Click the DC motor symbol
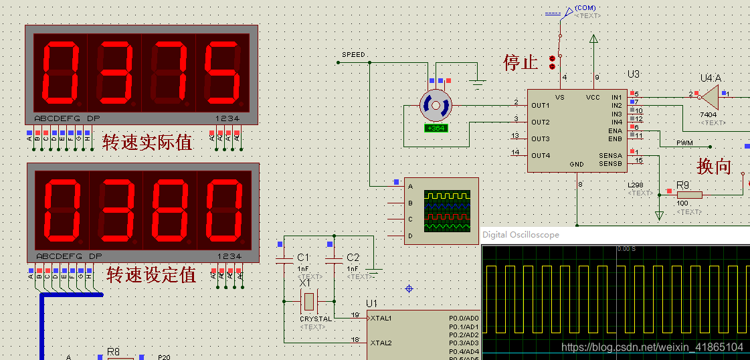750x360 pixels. tap(436, 106)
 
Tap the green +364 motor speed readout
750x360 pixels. tap(436, 128)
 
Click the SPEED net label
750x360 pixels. tap(353, 55)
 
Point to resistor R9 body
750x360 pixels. tap(688, 194)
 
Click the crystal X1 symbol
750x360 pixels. tap(308, 301)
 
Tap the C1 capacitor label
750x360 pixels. tap(303, 258)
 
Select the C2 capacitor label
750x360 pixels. tap(353, 258)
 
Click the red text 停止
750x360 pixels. tap(521, 63)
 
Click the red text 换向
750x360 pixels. tap(714, 167)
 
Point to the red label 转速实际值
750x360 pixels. tap(147, 142)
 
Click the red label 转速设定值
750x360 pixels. tap(151, 274)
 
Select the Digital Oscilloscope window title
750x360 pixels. tap(521, 235)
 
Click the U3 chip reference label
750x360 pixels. tap(633, 74)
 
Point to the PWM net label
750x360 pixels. tap(684, 143)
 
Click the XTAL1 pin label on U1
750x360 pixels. tap(381, 318)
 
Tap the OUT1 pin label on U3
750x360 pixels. tap(541, 106)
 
